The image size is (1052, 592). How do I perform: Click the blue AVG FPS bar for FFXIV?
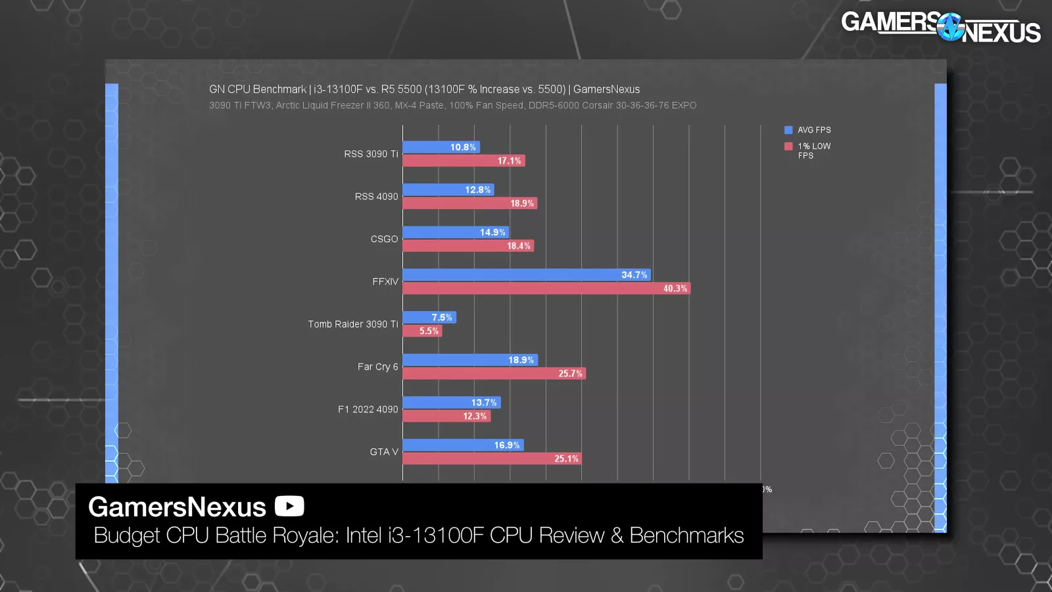[526, 275]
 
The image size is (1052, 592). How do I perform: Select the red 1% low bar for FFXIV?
[546, 288]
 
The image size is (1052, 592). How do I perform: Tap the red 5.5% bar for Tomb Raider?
[422, 331]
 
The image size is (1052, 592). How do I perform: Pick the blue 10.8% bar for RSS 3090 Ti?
[441, 147]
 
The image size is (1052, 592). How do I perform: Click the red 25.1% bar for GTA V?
[492, 458]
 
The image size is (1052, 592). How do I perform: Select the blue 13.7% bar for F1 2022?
[451, 403]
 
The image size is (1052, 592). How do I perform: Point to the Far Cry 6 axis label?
[377, 366]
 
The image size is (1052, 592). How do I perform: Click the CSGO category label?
[384, 239]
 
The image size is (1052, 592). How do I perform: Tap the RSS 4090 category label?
[376, 197]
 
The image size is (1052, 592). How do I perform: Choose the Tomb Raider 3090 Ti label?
[352, 324]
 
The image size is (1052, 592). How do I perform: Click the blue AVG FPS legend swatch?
[788, 130]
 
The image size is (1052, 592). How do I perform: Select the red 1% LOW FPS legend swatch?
[788, 146]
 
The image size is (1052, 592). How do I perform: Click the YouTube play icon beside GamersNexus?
[289, 506]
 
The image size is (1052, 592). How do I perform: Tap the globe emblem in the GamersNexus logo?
[950, 27]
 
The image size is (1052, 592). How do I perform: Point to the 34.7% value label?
[634, 275]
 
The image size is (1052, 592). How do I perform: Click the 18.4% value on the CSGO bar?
[518, 246]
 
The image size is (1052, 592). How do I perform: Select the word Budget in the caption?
[127, 535]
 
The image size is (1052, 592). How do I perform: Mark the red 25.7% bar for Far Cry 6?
[494, 374]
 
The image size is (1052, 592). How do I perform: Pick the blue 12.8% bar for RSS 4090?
[448, 190]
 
